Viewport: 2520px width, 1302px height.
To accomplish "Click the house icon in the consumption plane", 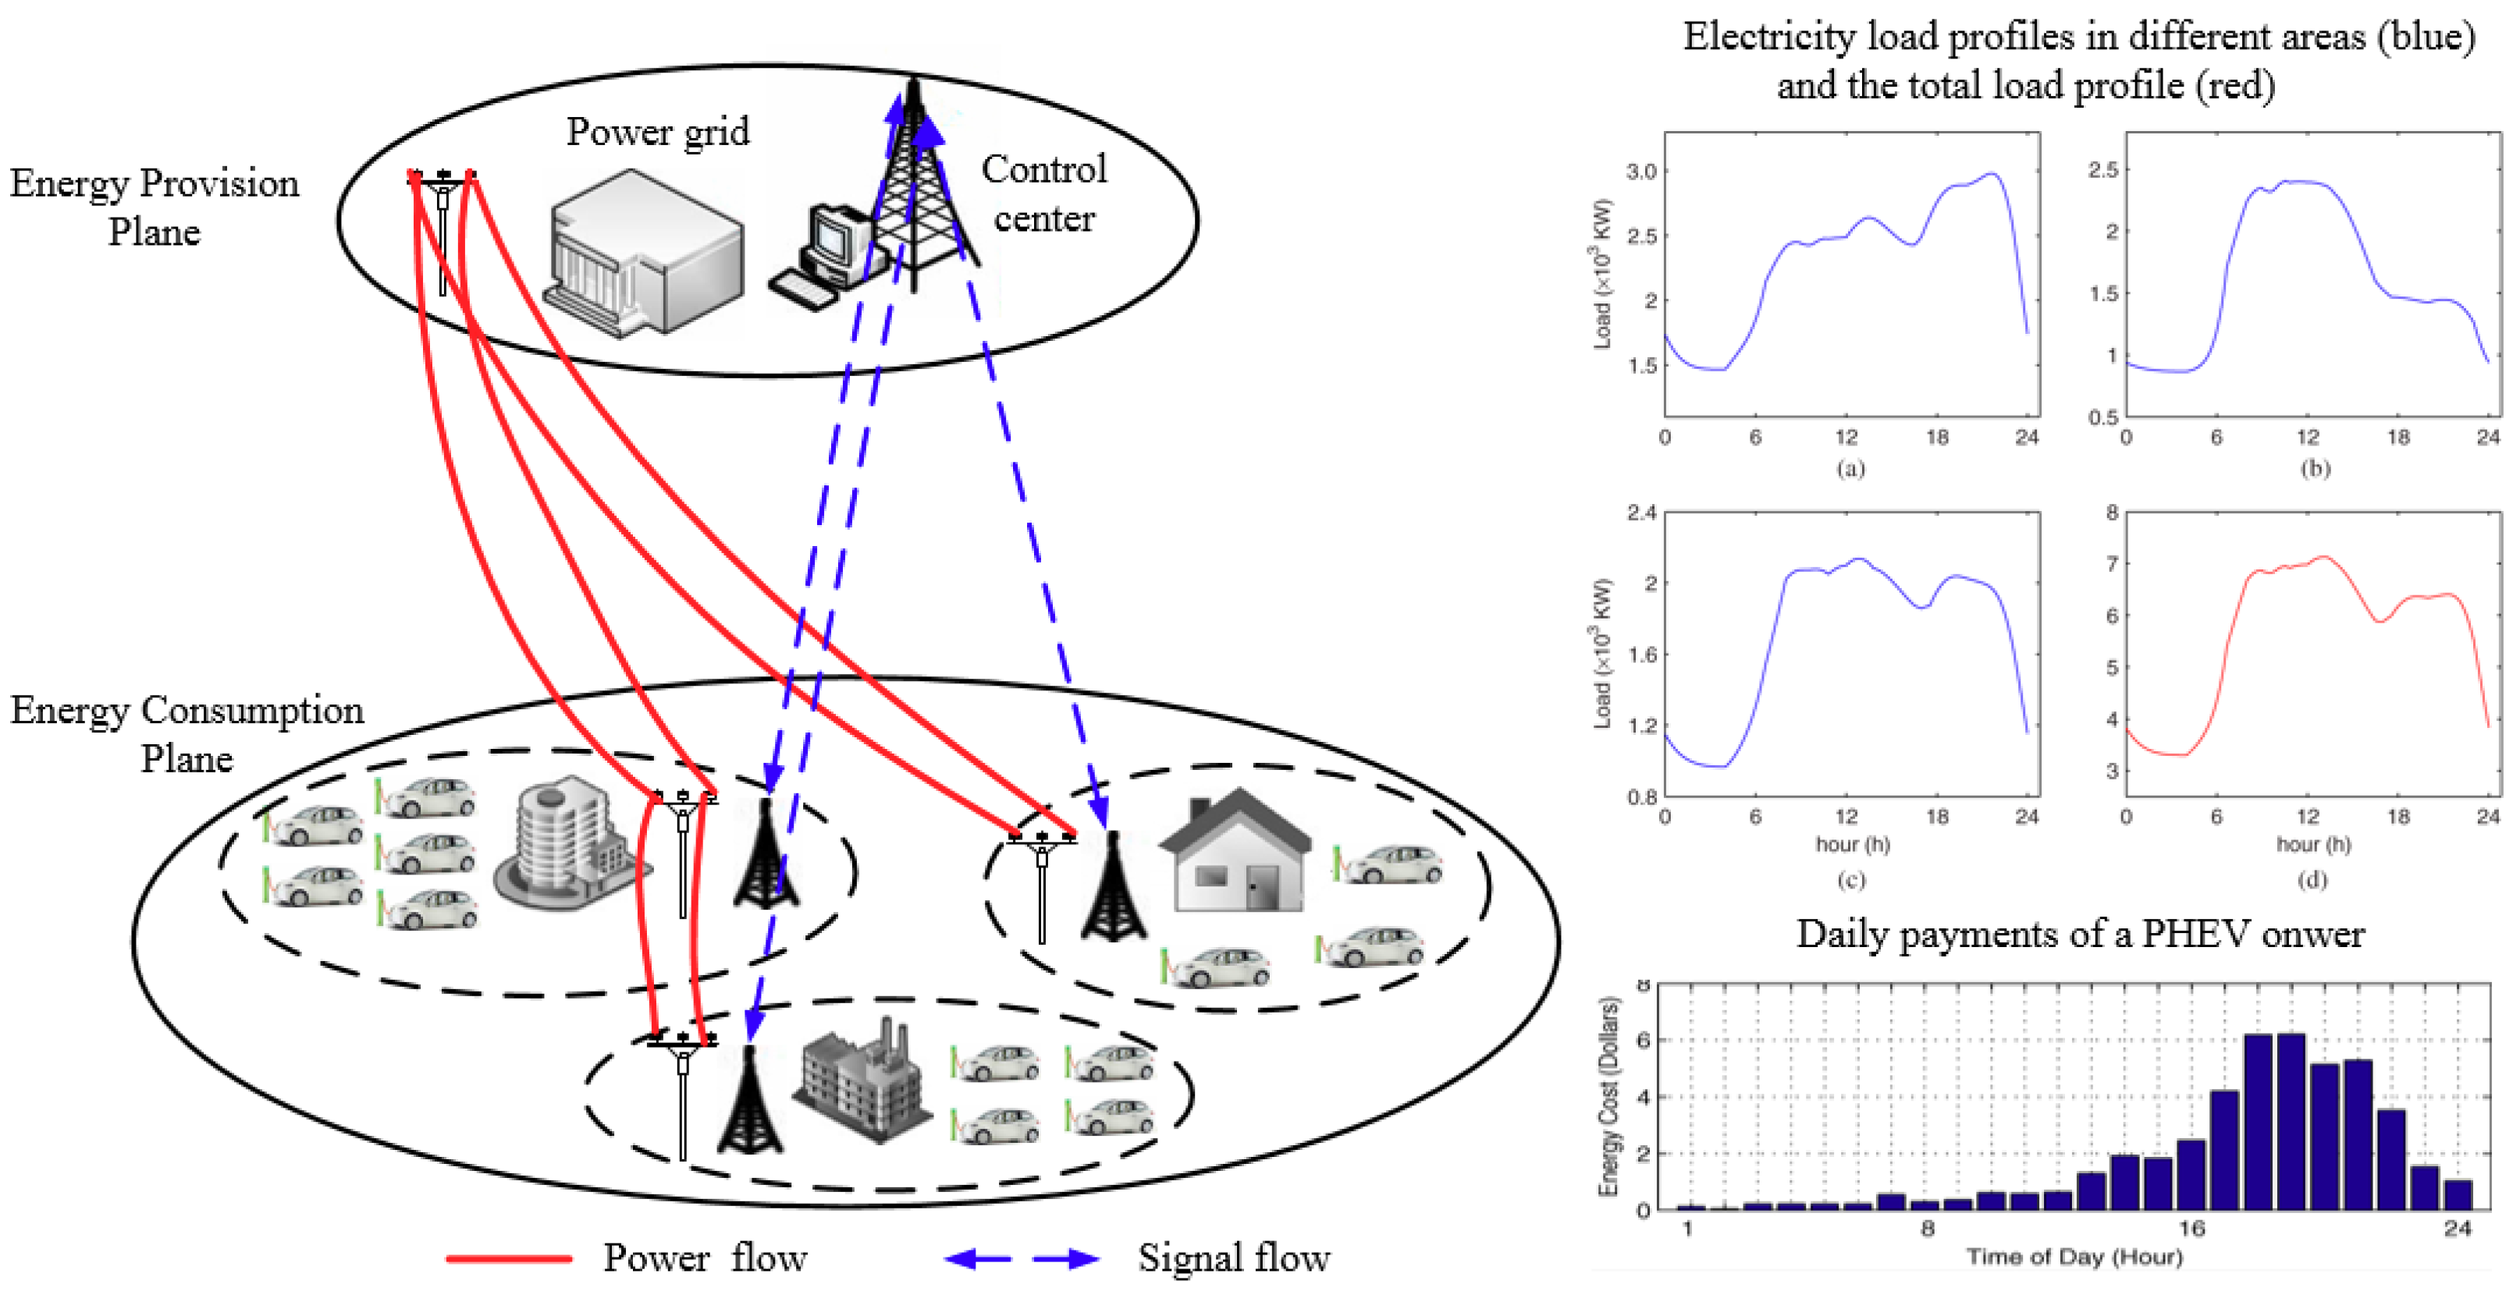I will [1235, 850].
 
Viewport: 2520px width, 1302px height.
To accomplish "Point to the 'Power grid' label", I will [657, 132].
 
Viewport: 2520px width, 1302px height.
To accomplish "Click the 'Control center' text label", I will [1043, 193].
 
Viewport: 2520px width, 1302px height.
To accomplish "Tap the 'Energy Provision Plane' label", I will [154, 208].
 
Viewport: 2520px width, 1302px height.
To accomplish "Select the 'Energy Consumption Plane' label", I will [187, 733].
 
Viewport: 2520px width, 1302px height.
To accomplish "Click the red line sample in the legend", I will [509, 1258].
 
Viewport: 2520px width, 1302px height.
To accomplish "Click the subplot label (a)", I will [1850, 469].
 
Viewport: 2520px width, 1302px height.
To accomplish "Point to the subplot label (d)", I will [2312, 879].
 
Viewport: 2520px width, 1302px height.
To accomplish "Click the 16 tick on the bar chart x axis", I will [2191, 1229].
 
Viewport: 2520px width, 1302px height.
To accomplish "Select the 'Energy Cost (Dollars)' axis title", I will [1607, 1095].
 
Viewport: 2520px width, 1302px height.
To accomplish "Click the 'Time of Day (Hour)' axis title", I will [2074, 1257].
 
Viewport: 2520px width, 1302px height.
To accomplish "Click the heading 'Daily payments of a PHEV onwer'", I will [2080, 935].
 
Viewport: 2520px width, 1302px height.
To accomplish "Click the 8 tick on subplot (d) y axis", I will [2112, 513].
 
